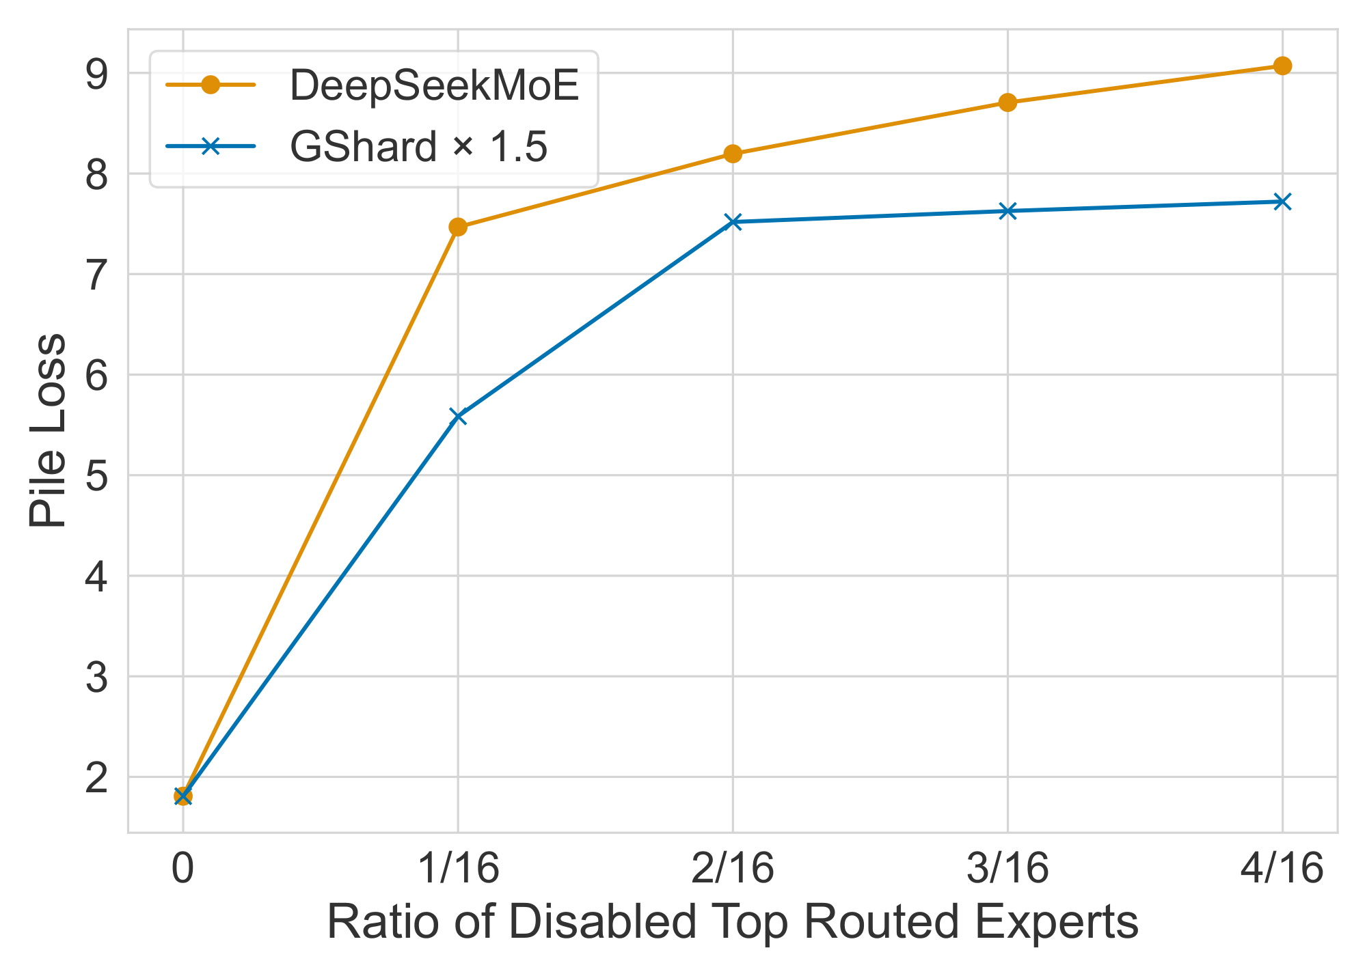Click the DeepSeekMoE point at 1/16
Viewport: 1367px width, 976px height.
[458, 227]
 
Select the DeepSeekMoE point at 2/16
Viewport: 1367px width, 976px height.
[733, 154]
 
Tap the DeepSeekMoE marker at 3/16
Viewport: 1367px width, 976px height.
[1007, 102]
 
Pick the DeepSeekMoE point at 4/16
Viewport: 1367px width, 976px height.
[1282, 66]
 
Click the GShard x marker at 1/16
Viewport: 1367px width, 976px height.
[458, 416]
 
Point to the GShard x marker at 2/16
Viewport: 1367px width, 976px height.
[733, 221]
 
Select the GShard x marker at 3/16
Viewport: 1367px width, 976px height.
[1007, 211]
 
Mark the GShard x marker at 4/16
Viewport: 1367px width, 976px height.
[1282, 201]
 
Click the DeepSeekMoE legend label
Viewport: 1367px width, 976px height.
[435, 86]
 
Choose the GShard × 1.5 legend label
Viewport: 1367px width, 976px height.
[418, 146]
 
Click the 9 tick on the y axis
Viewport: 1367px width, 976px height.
[96, 74]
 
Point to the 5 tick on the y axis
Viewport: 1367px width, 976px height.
[96, 476]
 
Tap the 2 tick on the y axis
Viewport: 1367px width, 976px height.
[96, 778]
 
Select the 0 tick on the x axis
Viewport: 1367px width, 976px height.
[182, 869]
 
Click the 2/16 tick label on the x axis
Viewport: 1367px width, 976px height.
[733, 869]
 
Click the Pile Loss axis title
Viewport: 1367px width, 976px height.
[48, 430]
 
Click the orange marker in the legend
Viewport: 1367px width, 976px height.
[211, 85]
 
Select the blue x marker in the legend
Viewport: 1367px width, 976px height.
[211, 145]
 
